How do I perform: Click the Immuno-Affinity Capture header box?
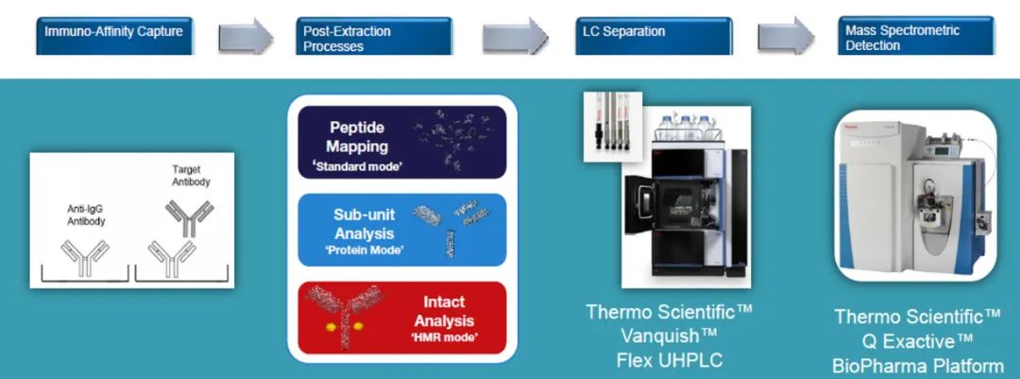(114, 36)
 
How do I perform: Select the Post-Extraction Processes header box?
(374, 36)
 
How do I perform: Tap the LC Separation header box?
(654, 36)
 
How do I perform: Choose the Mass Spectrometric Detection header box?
(916, 36)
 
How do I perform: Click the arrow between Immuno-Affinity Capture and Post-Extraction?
(246, 36)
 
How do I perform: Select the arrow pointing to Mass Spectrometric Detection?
(786, 36)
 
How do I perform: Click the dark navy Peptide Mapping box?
(402, 142)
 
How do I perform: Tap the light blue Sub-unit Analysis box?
(402, 230)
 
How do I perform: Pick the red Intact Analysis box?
(402, 318)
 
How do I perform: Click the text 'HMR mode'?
(444, 337)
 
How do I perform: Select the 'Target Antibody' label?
(191, 176)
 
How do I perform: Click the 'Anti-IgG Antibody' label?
(86, 215)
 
